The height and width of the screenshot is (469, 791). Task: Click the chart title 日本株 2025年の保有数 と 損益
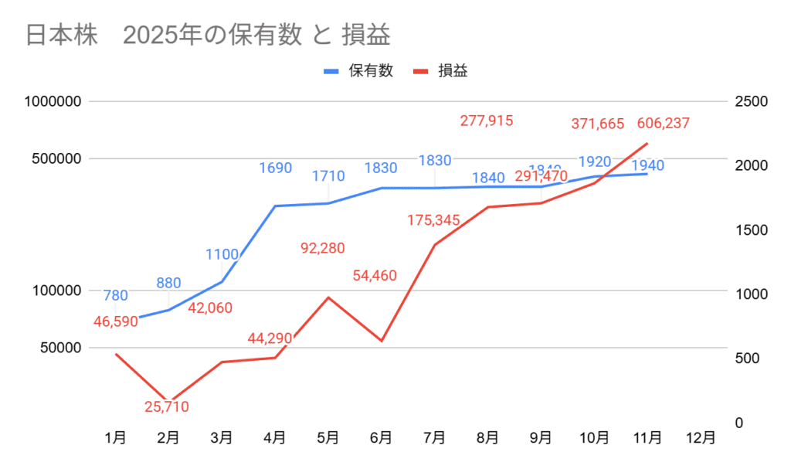click(x=207, y=35)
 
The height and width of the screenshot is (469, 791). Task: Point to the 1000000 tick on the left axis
click(x=53, y=101)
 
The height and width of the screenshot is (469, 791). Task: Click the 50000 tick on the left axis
click(x=59, y=347)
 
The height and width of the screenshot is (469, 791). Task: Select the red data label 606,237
click(x=663, y=123)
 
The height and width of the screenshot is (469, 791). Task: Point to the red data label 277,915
click(x=487, y=121)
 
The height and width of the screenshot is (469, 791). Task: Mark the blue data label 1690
click(x=275, y=167)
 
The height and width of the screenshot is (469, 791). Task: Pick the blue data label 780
click(x=115, y=294)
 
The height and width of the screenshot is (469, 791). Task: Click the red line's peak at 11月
click(x=647, y=144)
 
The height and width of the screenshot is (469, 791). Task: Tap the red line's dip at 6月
click(x=382, y=341)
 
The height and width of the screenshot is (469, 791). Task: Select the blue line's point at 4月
click(x=275, y=206)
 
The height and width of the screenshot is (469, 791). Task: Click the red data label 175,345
click(x=434, y=221)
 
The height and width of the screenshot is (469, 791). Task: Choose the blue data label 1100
click(x=222, y=253)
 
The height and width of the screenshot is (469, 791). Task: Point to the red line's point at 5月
click(x=328, y=297)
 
